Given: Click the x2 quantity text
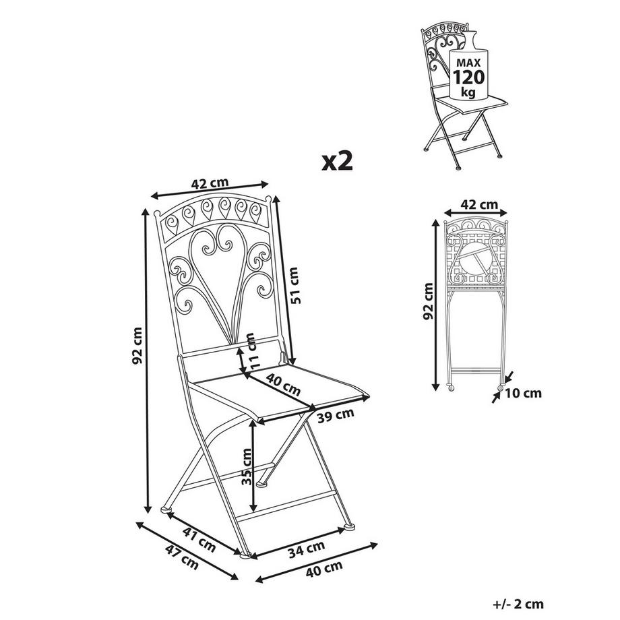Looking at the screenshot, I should click(337, 161).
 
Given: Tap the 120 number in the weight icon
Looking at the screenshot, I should click(465, 75).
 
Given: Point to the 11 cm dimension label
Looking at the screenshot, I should click(251, 351).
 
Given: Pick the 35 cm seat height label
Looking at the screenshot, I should click(248, 468).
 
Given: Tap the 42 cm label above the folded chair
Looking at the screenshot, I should click(479, 204).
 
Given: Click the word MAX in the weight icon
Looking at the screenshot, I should click(465, 61).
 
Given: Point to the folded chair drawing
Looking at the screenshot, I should click(475, 303).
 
